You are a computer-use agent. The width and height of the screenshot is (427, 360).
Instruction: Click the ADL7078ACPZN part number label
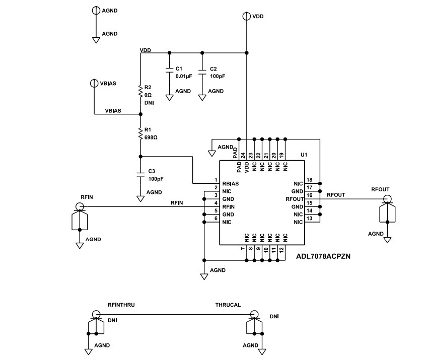[322, 256]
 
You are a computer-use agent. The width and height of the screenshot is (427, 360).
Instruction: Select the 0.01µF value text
[184, 76]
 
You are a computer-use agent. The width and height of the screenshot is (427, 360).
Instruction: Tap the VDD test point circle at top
[246, 16]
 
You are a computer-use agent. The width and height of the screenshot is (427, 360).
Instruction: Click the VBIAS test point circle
[94, 83]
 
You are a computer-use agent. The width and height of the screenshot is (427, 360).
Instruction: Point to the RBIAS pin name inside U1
[230, 183]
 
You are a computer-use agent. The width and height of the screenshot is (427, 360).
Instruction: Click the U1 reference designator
[303, 155]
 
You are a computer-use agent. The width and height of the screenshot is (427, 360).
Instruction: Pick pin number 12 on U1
[281, 249]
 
